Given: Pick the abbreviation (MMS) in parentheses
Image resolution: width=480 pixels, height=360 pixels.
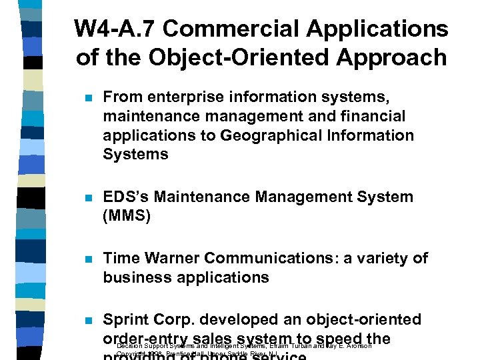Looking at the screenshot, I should [x=127, y=216].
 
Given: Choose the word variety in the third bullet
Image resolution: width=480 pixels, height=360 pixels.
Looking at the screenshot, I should [x=384, y=258].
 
